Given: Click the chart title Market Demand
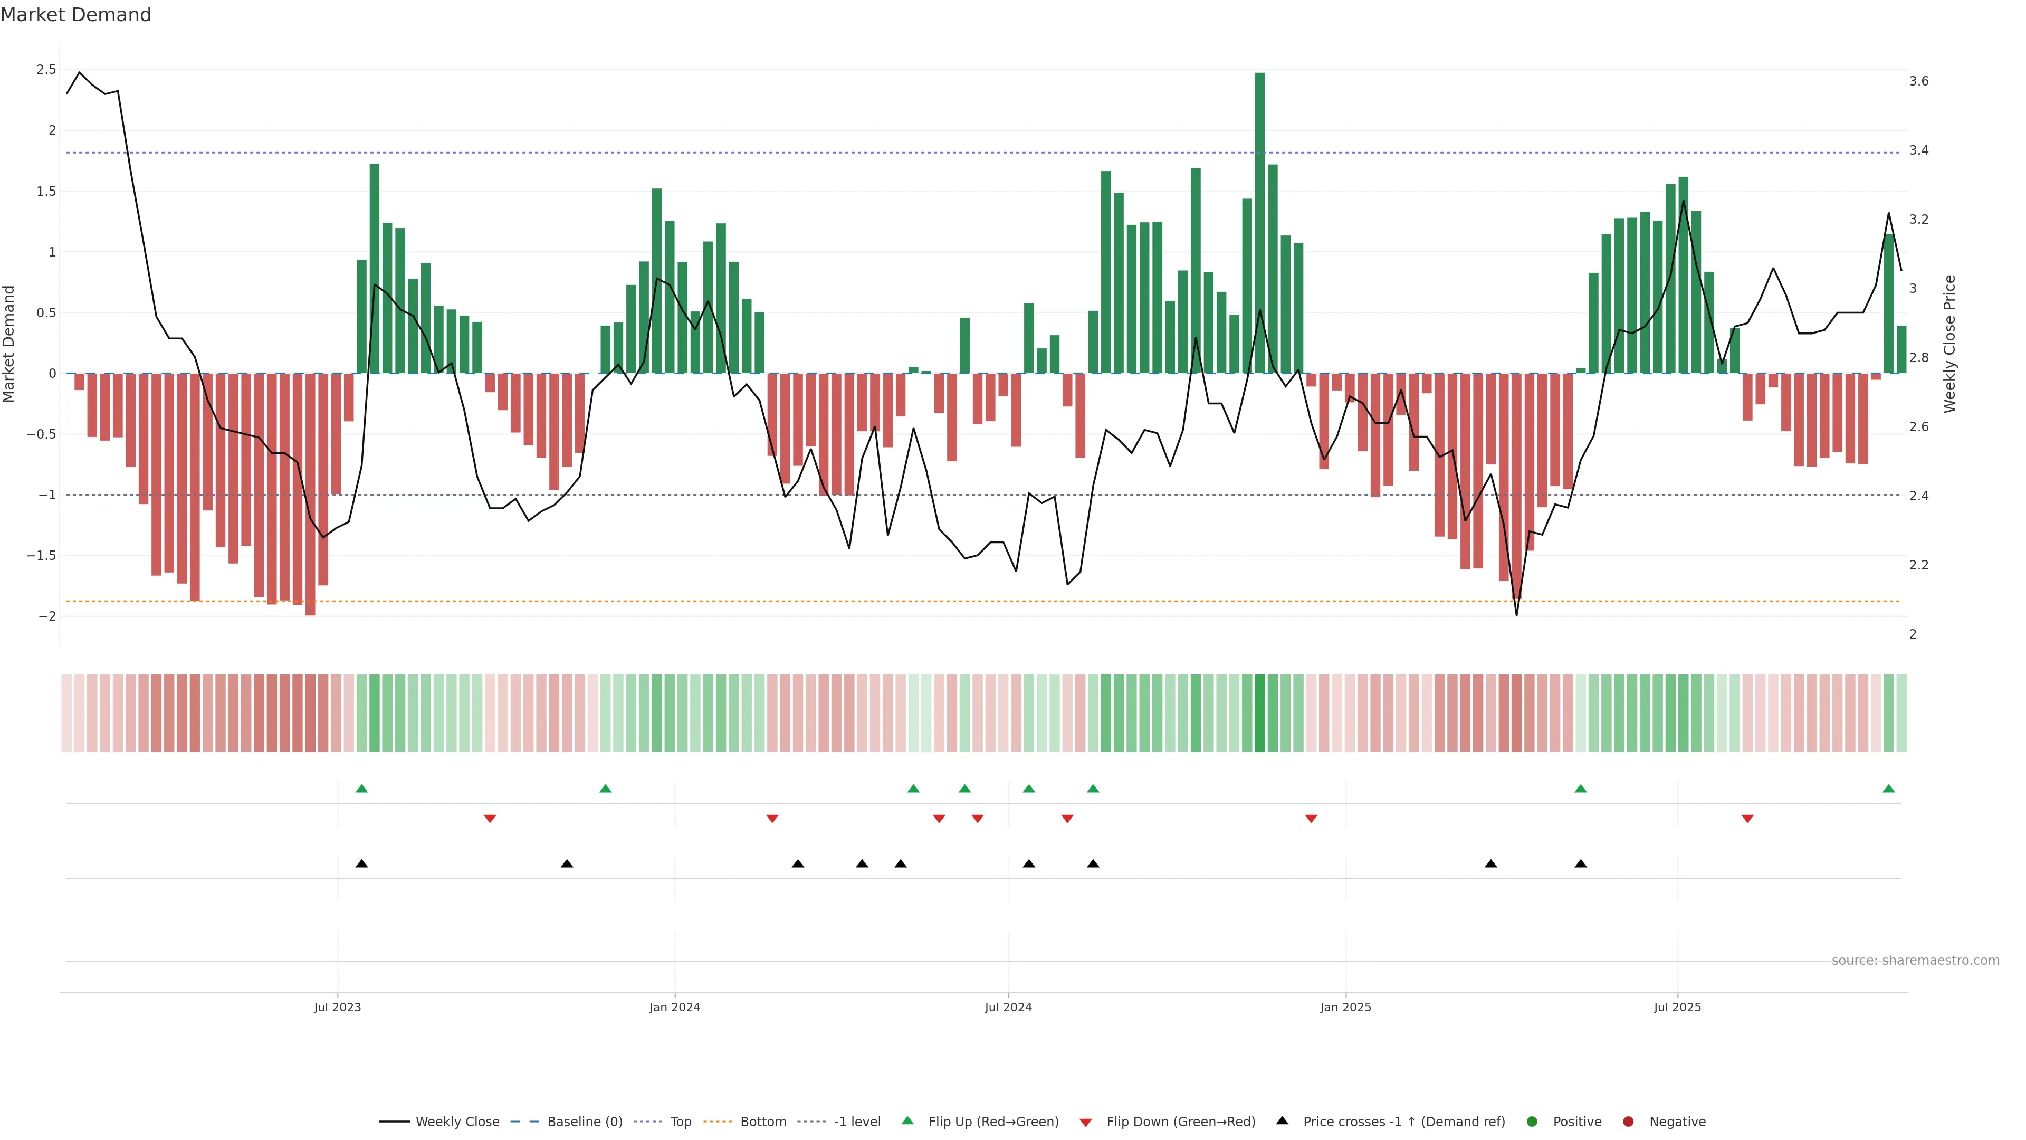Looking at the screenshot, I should (75, 15).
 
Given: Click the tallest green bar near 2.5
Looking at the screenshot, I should (1259, 220).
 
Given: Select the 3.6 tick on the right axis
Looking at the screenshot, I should (1918, 81).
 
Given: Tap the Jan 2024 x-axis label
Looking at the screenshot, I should (674, 1007).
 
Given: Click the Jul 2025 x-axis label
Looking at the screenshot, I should (1677, 1007).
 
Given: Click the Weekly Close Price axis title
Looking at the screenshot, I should (1949, 344).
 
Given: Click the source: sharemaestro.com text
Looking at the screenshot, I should (1915, 961).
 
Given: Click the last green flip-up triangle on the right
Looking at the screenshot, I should (1888, 788).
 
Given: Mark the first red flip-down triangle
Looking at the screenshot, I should (490, 819).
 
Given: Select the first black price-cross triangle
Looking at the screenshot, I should (362, 864).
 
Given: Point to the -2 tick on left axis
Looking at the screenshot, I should (46, 616).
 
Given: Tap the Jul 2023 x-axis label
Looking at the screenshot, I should (338, 1007).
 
